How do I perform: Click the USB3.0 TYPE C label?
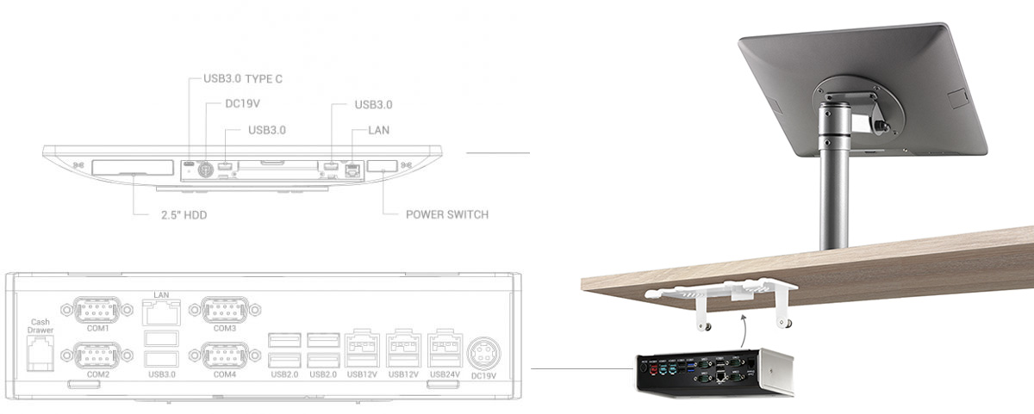243,79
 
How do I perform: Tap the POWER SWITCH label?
447,214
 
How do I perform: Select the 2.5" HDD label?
184,215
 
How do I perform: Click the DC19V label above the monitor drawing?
242,104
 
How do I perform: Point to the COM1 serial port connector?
97,310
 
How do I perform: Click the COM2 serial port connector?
97,355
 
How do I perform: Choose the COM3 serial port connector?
225,310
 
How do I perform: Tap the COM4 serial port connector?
225,355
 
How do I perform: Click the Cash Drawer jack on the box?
40,353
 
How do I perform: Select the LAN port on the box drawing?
161,312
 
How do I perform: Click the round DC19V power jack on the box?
483,354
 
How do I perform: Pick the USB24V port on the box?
445,349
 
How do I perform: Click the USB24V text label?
445,374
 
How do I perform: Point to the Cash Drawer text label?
40,326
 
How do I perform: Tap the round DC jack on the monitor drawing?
205,170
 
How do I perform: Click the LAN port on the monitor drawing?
353,170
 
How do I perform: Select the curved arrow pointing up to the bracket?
742,331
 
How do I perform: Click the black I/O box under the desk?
714,372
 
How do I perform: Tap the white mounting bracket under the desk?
721,302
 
